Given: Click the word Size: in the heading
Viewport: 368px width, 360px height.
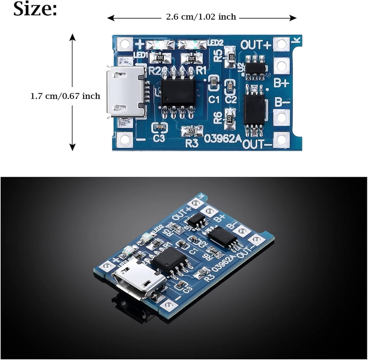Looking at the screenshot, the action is (35, 9).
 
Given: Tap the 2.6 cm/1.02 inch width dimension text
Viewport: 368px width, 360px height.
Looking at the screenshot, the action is (201, 17).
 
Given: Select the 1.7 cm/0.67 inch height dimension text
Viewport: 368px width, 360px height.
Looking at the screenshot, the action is (65, 96).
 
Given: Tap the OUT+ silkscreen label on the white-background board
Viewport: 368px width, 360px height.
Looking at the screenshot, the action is (256, 45).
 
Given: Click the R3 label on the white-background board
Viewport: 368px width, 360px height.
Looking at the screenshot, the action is (192, 143).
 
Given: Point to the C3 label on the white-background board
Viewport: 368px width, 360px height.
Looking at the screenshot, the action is (159, 138).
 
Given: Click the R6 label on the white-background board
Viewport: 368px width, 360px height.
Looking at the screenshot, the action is (218, 117).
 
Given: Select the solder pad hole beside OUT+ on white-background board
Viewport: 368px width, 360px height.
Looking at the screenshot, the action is (282, 45).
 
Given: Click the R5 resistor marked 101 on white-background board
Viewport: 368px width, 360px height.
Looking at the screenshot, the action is (231, 57).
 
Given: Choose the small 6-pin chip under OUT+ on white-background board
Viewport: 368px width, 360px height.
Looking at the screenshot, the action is (255, 67).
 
